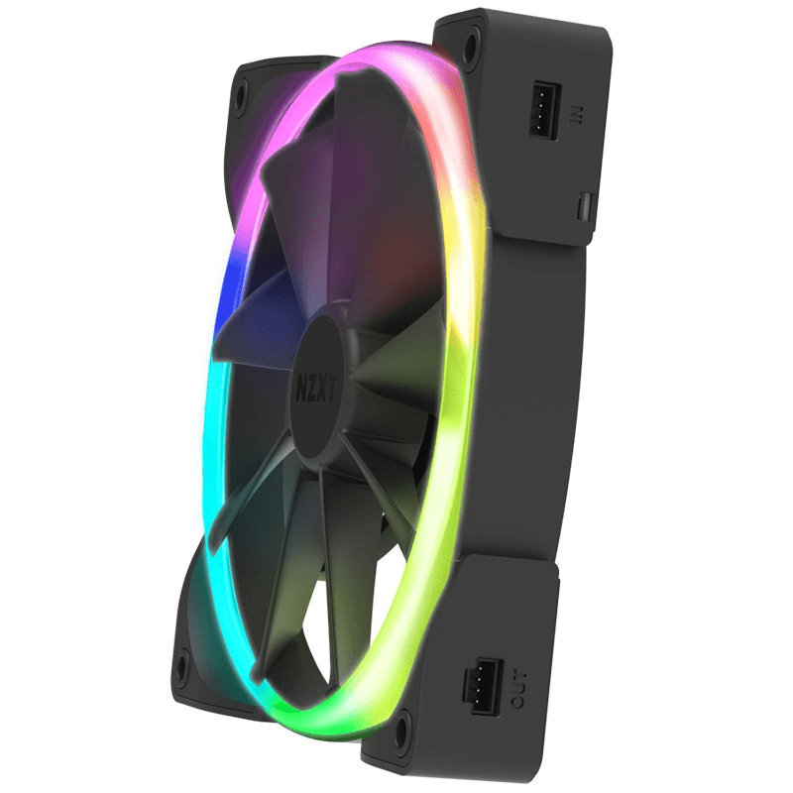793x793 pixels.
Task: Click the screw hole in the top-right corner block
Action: coord(467,41)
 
